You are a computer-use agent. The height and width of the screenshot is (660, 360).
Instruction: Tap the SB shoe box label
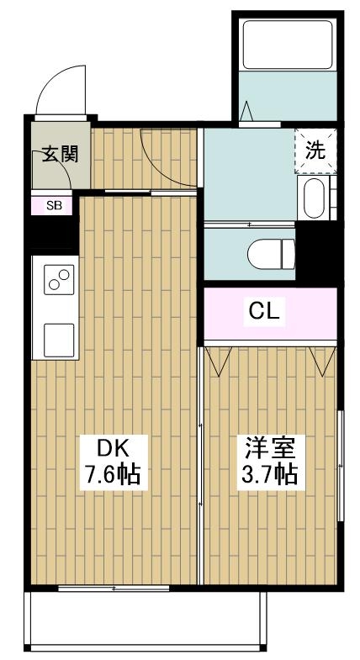52,204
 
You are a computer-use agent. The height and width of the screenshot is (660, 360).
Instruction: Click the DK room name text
110,446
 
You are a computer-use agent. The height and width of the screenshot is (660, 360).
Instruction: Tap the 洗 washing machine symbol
315,151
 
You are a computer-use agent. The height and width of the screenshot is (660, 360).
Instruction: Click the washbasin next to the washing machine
314,198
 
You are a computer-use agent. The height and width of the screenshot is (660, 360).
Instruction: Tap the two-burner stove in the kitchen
59,281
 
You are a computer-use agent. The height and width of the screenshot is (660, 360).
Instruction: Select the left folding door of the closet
220,360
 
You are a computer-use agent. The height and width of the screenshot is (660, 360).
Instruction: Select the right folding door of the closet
320,360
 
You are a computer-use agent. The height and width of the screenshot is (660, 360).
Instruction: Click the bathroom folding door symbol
249,112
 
